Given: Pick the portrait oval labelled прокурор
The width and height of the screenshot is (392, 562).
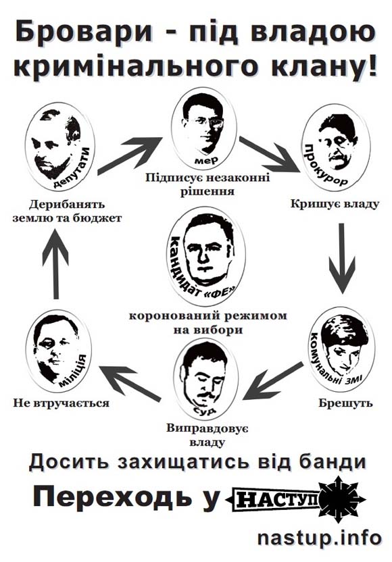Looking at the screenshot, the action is (335, 149).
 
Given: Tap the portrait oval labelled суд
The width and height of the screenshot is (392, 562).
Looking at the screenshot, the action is (206, 380).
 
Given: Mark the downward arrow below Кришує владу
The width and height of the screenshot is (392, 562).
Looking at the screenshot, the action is (342, 258).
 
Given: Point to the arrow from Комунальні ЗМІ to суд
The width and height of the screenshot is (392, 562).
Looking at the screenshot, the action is (272, 382).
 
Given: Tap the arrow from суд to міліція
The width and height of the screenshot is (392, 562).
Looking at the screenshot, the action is (130, 382).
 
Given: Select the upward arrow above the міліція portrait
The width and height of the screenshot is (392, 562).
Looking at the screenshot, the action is (55, 263).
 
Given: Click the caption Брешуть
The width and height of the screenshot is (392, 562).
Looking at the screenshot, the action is (346, 403).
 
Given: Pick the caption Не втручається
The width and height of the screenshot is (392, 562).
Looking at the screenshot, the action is (62, 403).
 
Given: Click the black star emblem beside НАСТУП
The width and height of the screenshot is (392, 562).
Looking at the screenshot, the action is (341, 499).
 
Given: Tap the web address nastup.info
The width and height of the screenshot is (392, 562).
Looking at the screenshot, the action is (319, 538).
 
